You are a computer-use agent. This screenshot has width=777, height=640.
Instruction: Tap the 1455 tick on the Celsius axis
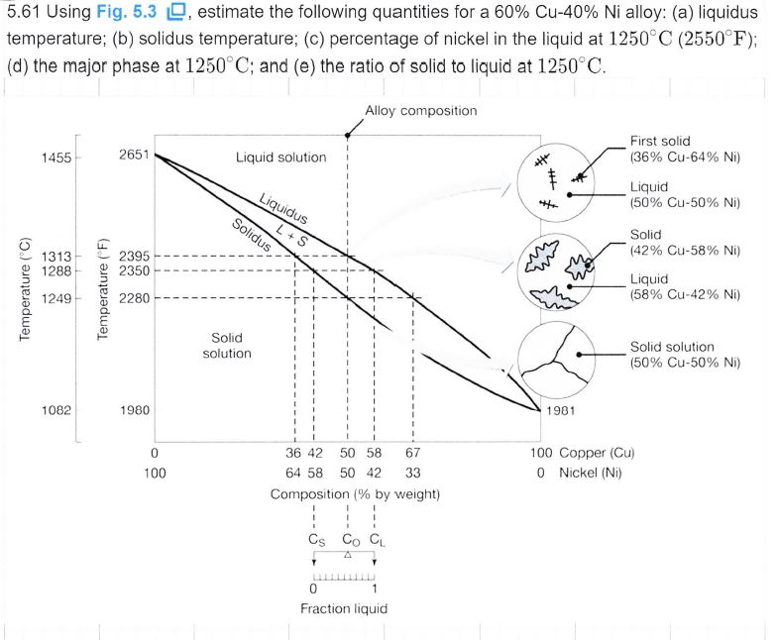pos(56,159)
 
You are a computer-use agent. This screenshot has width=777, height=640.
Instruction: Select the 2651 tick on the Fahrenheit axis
pos(134,156)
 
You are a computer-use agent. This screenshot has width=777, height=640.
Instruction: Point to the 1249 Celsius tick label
pos(56,297)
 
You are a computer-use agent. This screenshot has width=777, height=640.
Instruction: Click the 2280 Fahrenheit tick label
pos(134,297)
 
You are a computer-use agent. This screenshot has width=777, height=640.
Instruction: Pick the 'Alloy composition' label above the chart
pos(421,110)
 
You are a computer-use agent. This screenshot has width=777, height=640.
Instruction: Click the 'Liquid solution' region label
pos(280,158)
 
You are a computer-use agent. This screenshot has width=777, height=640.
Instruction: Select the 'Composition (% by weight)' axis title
pos(356,493)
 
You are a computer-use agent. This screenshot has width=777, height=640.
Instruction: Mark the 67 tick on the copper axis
pos(413,454)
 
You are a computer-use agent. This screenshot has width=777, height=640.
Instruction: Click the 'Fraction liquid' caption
pos(344,607)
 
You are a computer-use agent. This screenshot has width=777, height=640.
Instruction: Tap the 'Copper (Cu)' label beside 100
pos(598,454)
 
